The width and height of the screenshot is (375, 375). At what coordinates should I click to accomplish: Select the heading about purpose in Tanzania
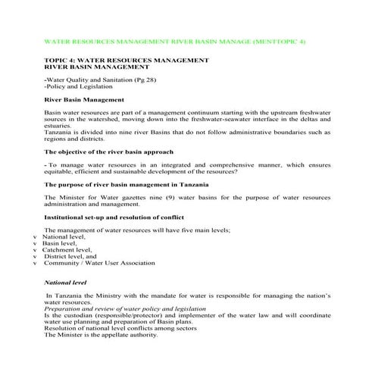click(121, 184)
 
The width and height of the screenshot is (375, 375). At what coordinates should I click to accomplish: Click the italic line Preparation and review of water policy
click(124, 308)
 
